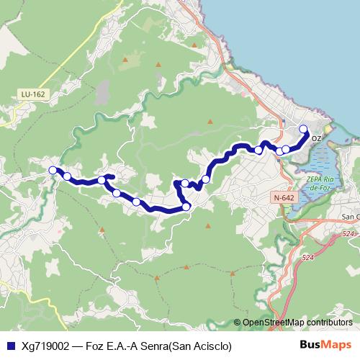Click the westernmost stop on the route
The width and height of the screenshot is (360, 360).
[52, 170]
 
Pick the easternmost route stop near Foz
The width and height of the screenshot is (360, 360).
[303, 129]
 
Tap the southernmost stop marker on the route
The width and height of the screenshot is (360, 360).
[186, 207]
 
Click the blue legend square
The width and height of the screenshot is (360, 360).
[9, 345]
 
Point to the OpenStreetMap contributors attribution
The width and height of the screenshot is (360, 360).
[297, 323]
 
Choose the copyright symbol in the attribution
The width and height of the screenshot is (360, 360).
[237, 323]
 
